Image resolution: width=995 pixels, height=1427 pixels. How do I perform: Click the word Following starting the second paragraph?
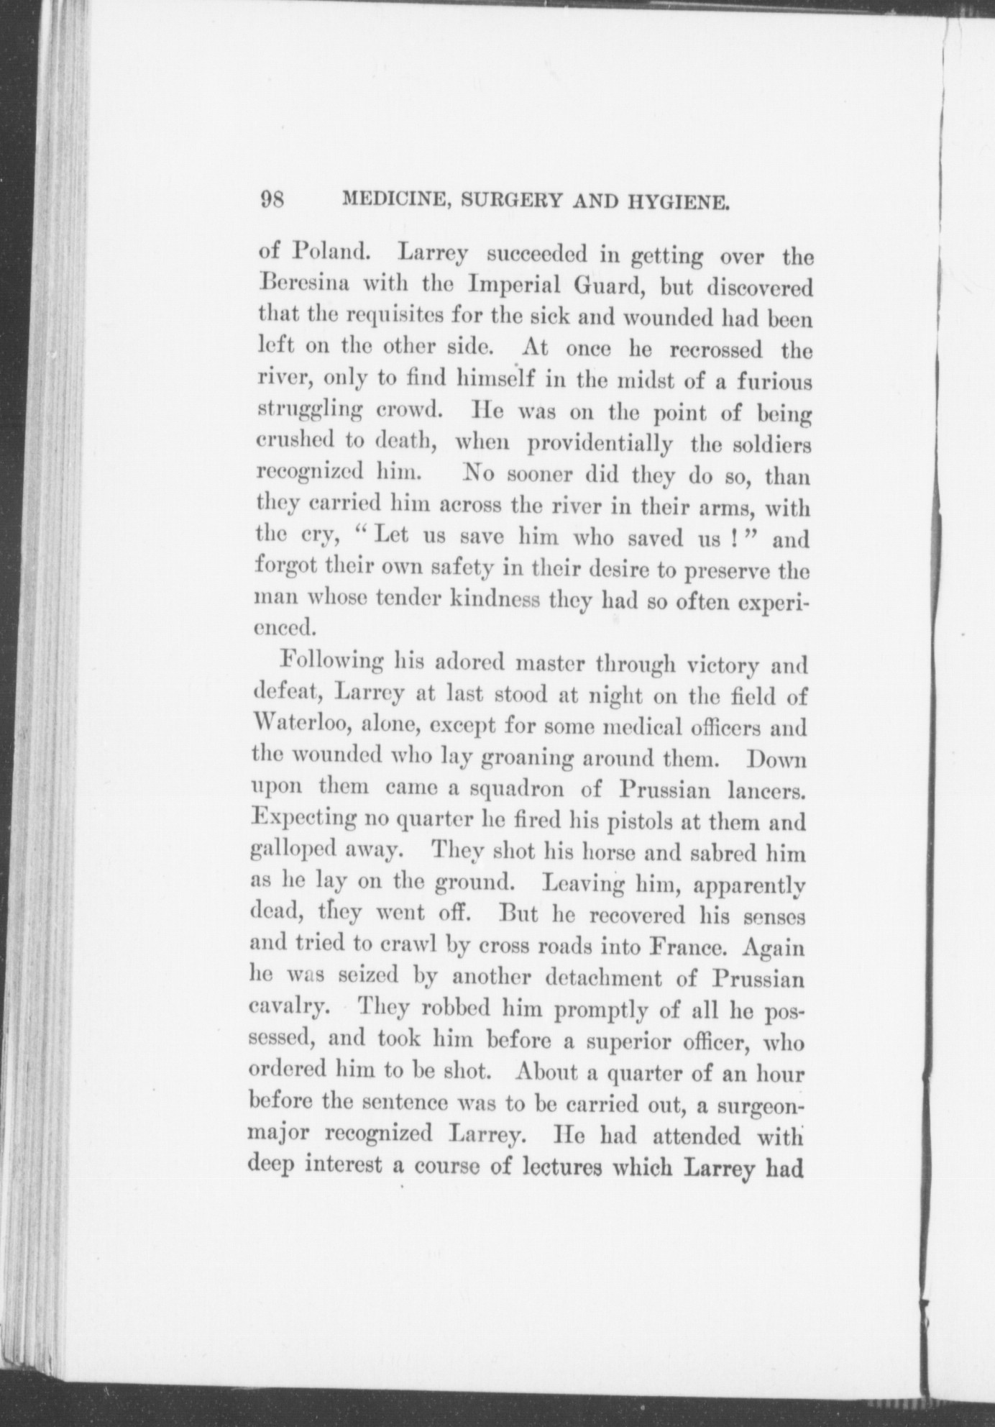(x=332, y=662)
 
